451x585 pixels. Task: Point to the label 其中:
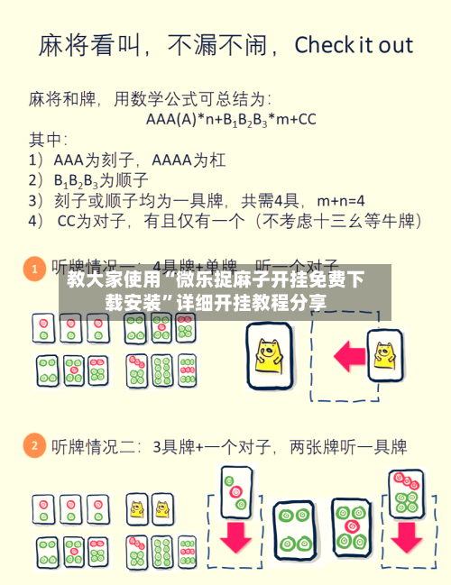coord(49,140)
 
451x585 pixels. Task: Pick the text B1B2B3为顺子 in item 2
coord(98,179)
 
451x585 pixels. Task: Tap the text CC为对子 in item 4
coord(96,220)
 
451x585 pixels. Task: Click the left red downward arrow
coord(236,537)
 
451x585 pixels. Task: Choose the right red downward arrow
coord(406,537)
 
